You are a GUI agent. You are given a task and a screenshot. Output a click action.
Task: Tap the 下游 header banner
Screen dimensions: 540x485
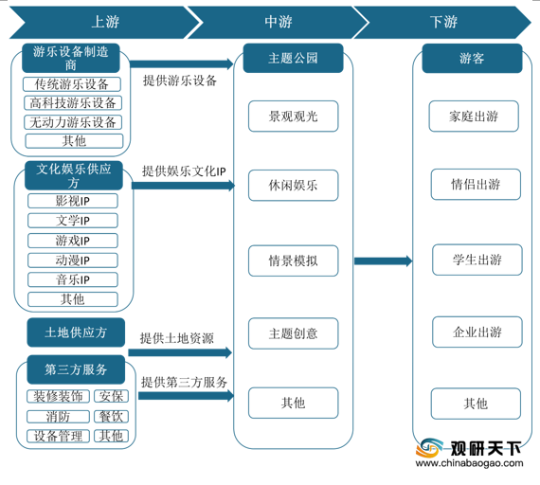443,23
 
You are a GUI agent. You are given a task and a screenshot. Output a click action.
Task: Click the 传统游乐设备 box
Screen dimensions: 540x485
72,84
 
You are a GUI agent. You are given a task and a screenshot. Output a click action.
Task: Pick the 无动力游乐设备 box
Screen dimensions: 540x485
73,122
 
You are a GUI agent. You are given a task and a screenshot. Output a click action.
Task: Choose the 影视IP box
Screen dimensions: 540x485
73,201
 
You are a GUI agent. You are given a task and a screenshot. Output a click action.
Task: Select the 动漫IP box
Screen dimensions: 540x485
73,260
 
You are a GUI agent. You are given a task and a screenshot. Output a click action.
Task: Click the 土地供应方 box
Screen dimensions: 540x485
76,332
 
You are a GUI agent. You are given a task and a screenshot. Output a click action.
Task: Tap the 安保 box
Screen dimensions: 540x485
111,396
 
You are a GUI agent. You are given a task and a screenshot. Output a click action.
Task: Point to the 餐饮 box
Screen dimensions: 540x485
111,416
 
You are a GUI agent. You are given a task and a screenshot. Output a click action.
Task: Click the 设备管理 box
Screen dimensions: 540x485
58,436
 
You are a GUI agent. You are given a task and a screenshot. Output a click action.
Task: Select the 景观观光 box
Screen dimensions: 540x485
293,117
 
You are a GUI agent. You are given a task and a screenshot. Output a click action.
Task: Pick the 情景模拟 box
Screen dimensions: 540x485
293,260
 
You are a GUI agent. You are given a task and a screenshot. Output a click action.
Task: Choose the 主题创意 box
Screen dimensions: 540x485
293,333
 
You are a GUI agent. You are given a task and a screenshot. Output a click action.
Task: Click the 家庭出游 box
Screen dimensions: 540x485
474,117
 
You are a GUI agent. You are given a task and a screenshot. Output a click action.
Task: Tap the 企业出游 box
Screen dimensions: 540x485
477,332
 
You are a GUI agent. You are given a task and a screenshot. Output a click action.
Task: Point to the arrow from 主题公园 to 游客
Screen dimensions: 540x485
384,261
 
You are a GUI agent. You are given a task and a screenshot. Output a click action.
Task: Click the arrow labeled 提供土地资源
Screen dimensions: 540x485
180,352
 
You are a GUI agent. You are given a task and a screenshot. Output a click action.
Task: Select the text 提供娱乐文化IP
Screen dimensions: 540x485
184,171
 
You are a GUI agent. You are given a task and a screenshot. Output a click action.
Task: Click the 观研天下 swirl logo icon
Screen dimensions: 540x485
429,447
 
